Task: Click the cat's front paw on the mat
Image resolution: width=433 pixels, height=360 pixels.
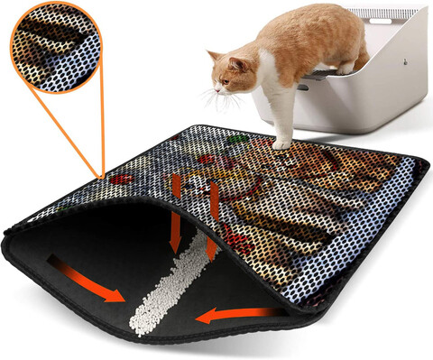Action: click(x=282, y=142)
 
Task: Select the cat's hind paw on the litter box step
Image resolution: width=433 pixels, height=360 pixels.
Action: click(x=344, y=67)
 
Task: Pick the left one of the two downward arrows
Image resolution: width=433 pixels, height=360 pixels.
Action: click(x=177, y=208)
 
